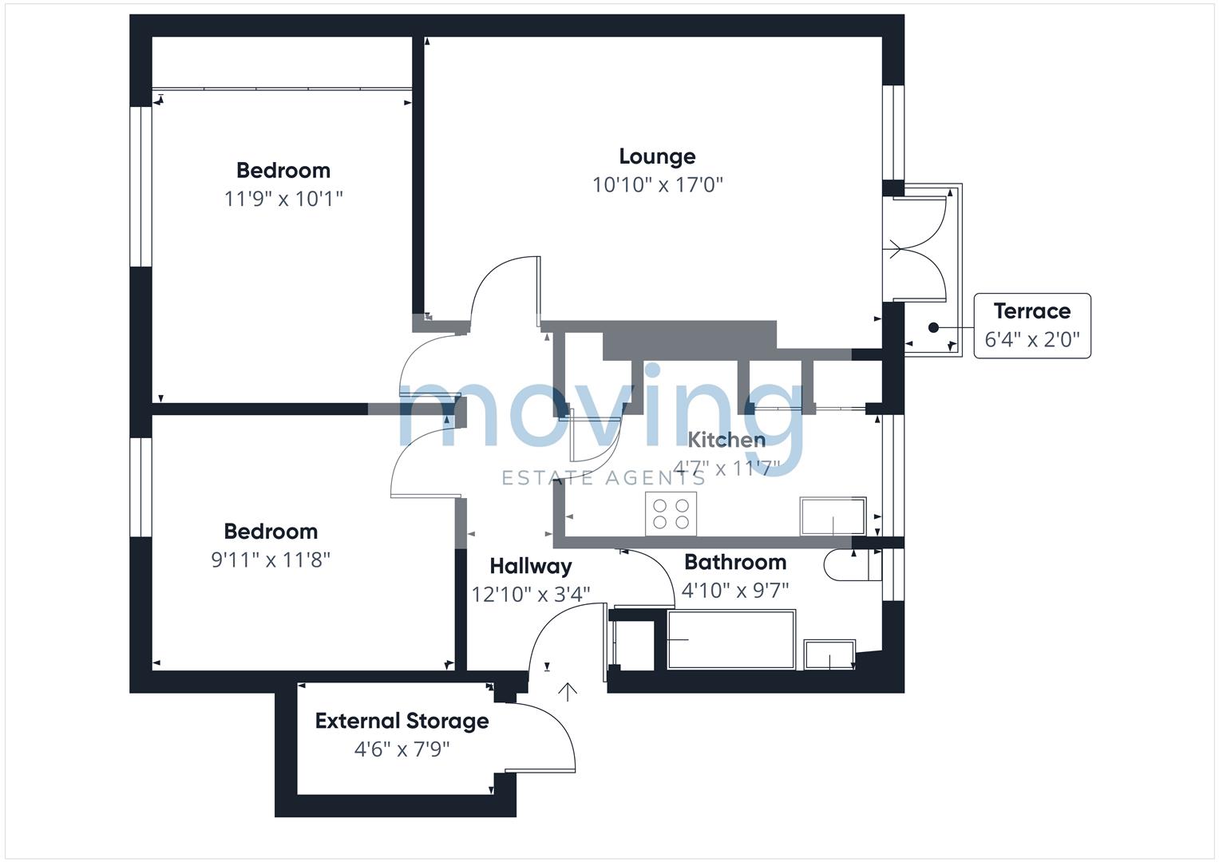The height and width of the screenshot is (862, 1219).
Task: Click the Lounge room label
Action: (657, 156)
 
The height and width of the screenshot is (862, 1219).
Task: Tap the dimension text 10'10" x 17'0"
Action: (657, 185)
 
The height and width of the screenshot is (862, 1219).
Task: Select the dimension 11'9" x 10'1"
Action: (283, 199)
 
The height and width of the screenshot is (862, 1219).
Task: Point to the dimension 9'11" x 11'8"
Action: (271, 560)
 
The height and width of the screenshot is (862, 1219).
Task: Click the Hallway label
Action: (531, 567)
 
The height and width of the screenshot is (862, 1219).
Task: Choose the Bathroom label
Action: (735, 562)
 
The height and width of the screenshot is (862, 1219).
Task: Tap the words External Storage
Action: (402, 721)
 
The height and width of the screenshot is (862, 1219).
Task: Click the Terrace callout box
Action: (1032, 326)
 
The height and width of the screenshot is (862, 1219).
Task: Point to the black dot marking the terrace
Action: (933, 327)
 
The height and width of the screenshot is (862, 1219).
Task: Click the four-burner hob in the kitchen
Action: (671, 514)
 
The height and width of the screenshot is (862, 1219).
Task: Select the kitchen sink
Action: (833, 516)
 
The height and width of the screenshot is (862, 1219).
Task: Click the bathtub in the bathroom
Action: (731, 639)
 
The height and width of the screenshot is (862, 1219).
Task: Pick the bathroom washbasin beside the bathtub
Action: (829, 654)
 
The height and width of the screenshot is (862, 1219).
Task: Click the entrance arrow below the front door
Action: (568, 692)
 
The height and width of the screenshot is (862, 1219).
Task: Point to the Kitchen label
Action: (726, 440)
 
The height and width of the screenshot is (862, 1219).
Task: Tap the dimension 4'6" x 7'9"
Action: (402, 749)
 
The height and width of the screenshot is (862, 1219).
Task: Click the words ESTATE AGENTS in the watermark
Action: (604, 478)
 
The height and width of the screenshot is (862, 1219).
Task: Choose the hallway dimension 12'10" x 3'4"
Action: (531, 595)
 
